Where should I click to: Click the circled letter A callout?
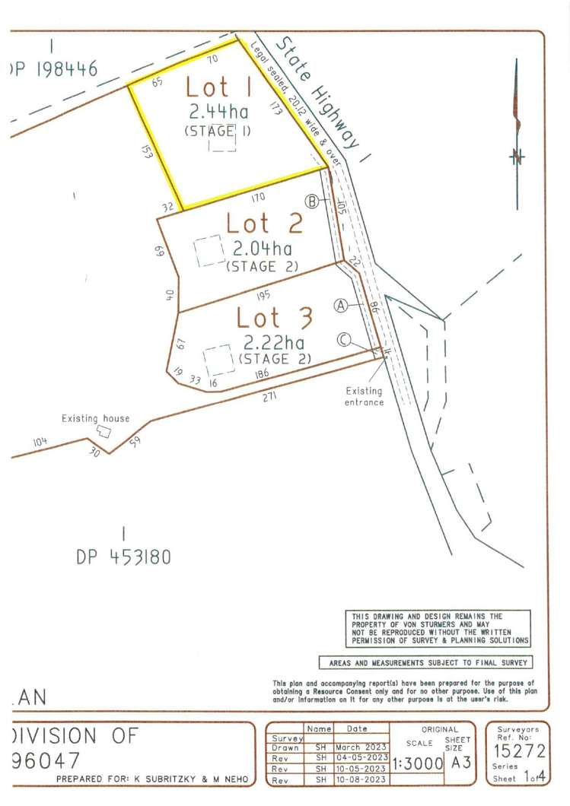coord(341,305)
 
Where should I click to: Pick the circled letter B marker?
coord(311,201)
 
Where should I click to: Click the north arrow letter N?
coord(518,157)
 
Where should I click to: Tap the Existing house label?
coord(96,418)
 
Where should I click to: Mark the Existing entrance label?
coord(363,396)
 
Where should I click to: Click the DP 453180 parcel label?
coord(123,557)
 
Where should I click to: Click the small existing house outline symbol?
coord(103,431)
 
